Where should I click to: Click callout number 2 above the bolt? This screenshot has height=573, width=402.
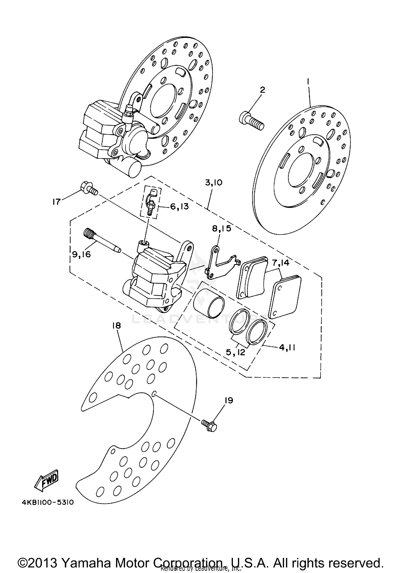262,90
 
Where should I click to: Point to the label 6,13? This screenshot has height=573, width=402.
179,206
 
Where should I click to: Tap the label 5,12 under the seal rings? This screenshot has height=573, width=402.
235,352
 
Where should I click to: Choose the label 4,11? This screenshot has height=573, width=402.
287,347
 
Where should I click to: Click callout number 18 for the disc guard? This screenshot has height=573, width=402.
117,326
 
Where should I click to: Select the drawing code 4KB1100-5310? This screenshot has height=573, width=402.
47,502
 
